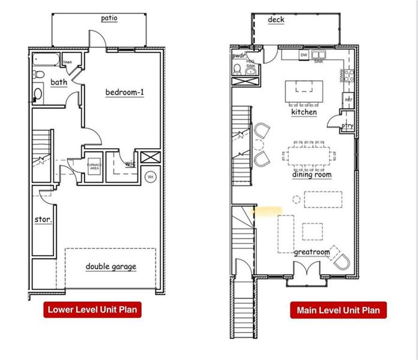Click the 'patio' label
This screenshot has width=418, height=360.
(109, 18)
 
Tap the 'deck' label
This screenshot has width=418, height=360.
(276, 20)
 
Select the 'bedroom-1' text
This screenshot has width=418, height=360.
(125, 92)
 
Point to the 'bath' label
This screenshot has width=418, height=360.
(59, 82)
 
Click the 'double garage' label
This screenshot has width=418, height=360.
(111, 266)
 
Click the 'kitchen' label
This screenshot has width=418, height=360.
(304, 112)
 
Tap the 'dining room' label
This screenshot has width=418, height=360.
(312, 175)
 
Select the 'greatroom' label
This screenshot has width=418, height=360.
(312, 252)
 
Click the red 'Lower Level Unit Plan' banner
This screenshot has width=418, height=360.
(92, 310)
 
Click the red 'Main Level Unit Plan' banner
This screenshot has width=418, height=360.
(338, 310)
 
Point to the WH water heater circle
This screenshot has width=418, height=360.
(150, 177)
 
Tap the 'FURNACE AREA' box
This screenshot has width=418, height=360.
(94, 167)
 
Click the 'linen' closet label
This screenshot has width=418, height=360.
(68, 62)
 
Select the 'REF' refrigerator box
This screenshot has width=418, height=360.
(348, 99)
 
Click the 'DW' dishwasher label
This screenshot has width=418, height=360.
(304, 55)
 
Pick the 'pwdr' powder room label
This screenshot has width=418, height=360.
(239, 56)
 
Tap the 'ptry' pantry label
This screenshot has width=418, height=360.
(347, 125)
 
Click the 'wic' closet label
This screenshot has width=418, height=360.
(130, 163)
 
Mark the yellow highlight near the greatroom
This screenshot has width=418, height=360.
(267, 211)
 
